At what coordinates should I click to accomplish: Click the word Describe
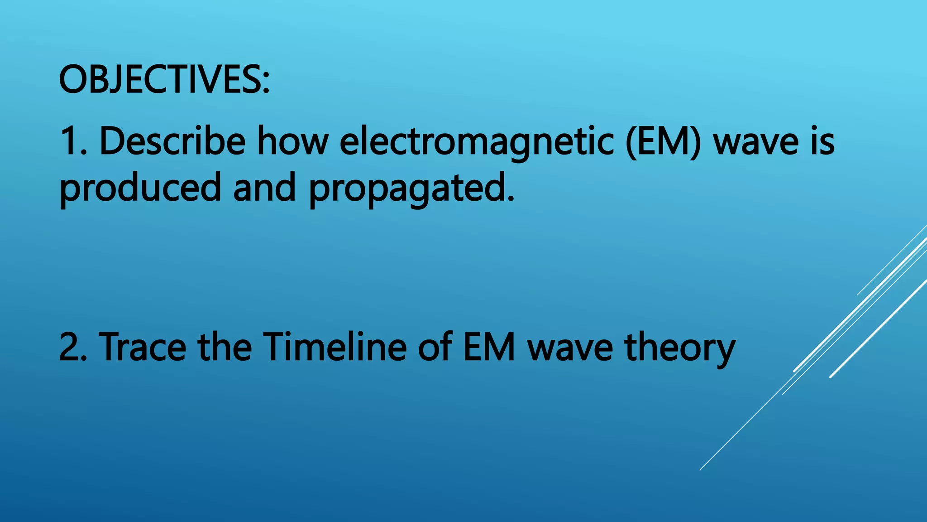pyautogui.click(x=172, y=141)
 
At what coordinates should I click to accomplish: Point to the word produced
pyautogui.click(x=140, y=188)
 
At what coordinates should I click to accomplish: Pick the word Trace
pyautogui.click(x=142, y=347)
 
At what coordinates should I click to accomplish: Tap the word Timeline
pyautogui.click(x=335, y=347)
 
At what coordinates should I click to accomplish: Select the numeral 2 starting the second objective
pyautogui.click(x=70, y=347)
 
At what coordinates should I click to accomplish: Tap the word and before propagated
pyautogui.click(x=264, y=188)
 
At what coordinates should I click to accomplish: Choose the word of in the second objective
pyautogui.click(x=435, y=347)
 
